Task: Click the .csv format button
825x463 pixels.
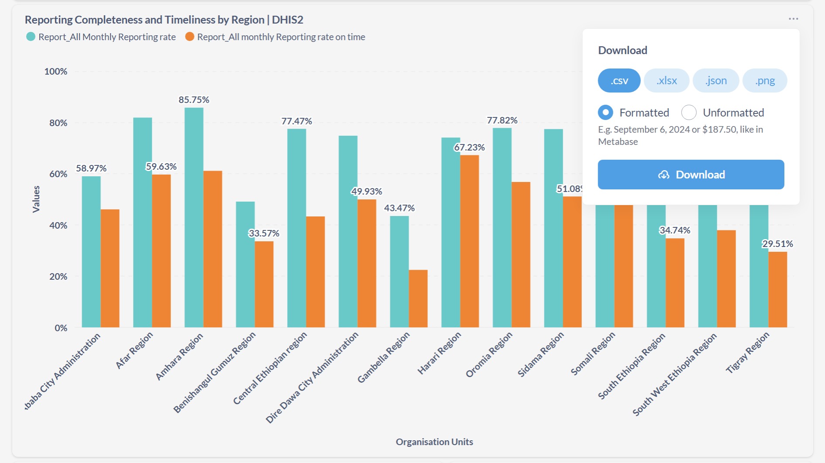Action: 619,81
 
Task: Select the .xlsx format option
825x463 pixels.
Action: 667,81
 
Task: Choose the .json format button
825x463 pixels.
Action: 716,81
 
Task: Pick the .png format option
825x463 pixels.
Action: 765,81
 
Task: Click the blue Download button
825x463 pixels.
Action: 691,175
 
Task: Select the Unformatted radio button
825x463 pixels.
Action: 689,113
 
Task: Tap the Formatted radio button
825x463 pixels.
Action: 605,113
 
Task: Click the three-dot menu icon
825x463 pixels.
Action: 793,19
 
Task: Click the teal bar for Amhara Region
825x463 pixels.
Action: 194,218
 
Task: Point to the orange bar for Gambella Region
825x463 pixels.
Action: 418,298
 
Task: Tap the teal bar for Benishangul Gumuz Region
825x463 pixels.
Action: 245,264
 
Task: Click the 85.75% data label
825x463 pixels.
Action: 194,100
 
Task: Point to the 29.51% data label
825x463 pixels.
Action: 777,244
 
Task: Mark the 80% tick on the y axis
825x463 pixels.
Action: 58,123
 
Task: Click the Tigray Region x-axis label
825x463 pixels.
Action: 747,353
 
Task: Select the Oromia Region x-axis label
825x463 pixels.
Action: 489,355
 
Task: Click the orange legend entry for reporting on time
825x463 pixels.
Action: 275,37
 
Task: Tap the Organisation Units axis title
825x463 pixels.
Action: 434,442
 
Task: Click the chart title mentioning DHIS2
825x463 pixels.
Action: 164,20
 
